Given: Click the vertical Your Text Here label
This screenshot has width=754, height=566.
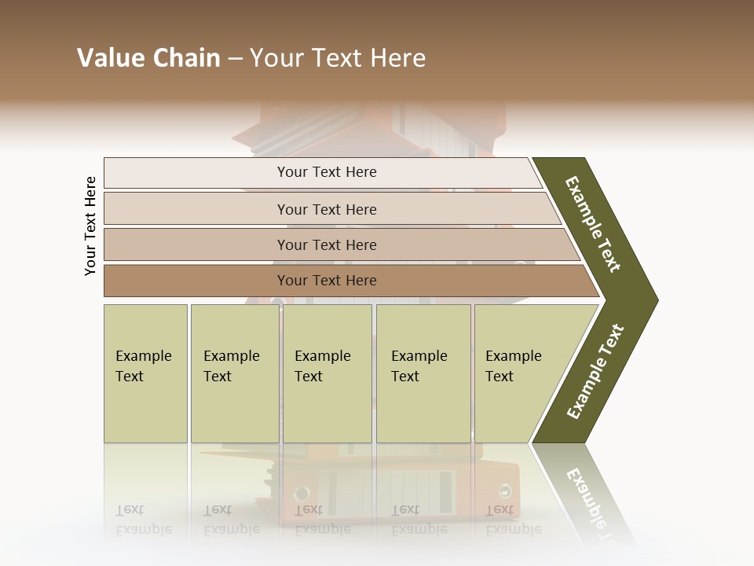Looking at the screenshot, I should coord(90,226).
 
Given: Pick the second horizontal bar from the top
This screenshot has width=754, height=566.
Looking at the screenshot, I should coord(326,209).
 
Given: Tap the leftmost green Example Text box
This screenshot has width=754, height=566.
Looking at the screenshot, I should coord(145,373).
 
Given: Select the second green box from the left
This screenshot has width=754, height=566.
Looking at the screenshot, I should coord(234,373).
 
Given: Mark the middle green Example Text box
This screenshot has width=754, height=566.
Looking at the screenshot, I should coord(327,373).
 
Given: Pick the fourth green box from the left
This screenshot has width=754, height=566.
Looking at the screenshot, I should coord(423,373).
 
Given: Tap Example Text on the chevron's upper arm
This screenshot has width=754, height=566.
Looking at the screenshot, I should coord(593,223).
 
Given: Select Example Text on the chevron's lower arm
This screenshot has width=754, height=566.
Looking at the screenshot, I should coord(595,371).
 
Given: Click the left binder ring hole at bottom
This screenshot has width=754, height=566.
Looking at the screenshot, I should coord(301,494).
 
